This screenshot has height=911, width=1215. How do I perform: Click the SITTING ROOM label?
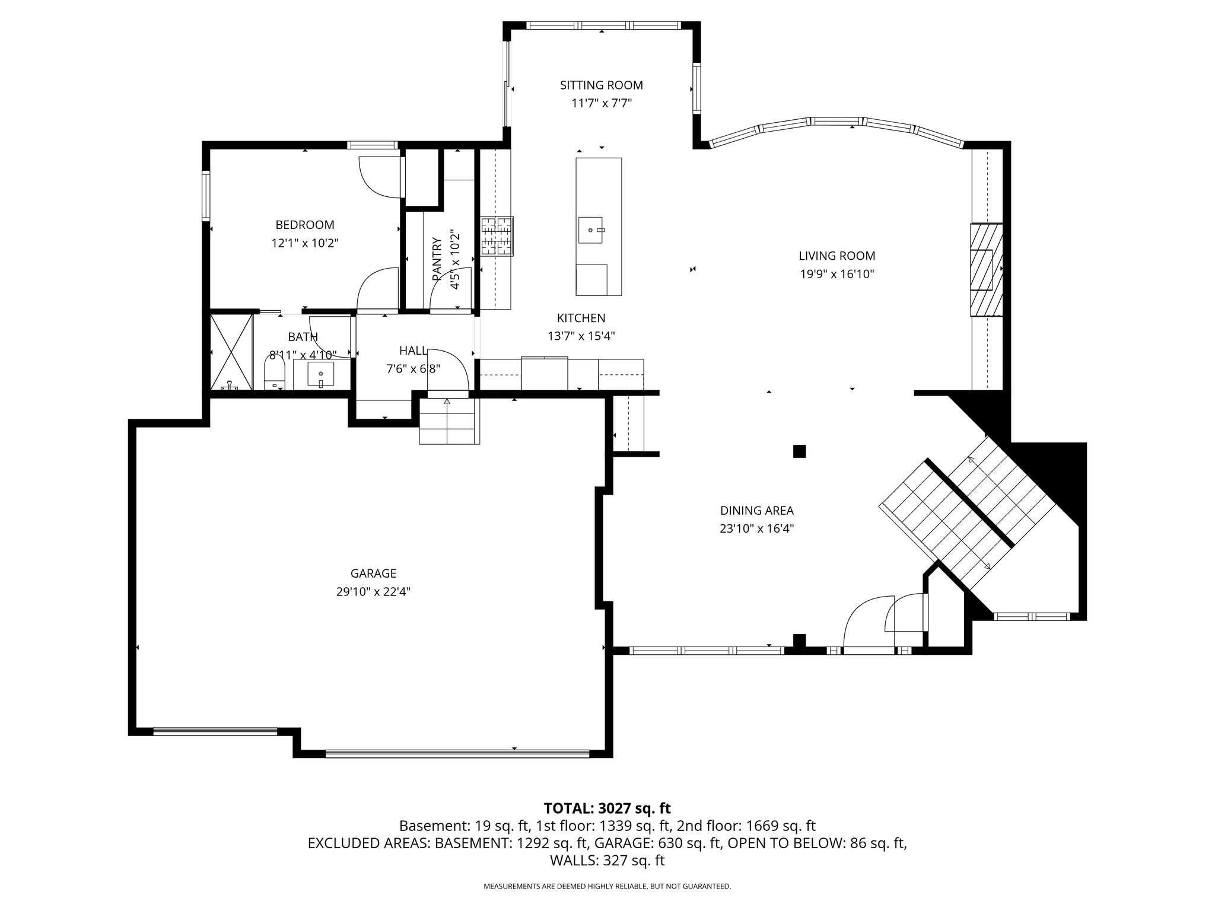pyautogui.click(x=601, y=85)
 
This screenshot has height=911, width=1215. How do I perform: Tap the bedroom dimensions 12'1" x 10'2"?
pyautogui.click(x=305, y=243)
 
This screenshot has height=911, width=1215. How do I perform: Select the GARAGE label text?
pyautogui.click(x=373, y=574)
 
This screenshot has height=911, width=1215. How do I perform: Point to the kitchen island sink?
pyautogui.click(x=591, y=230)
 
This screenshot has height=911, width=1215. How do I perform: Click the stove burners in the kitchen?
pyautogui.click(x=497, y=236)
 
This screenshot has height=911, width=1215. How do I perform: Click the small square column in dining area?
pyautogui.click(x=800, y=451)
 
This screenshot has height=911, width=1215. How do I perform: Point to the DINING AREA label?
pyautogui.click(x=756, y=511)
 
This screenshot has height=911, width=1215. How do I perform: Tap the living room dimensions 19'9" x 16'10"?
pyautogui.click(x=836, y=274)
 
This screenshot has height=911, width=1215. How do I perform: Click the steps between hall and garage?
pyautogui.click(x=449, y=421)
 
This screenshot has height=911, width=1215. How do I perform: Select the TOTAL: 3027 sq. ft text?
pyautogui.click(x=607, y=808)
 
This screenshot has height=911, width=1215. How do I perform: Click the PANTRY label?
pyautogui.click(x=437, y=259)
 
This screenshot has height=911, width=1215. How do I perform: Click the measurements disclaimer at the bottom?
pyautogui.click(x=607, y=887)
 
